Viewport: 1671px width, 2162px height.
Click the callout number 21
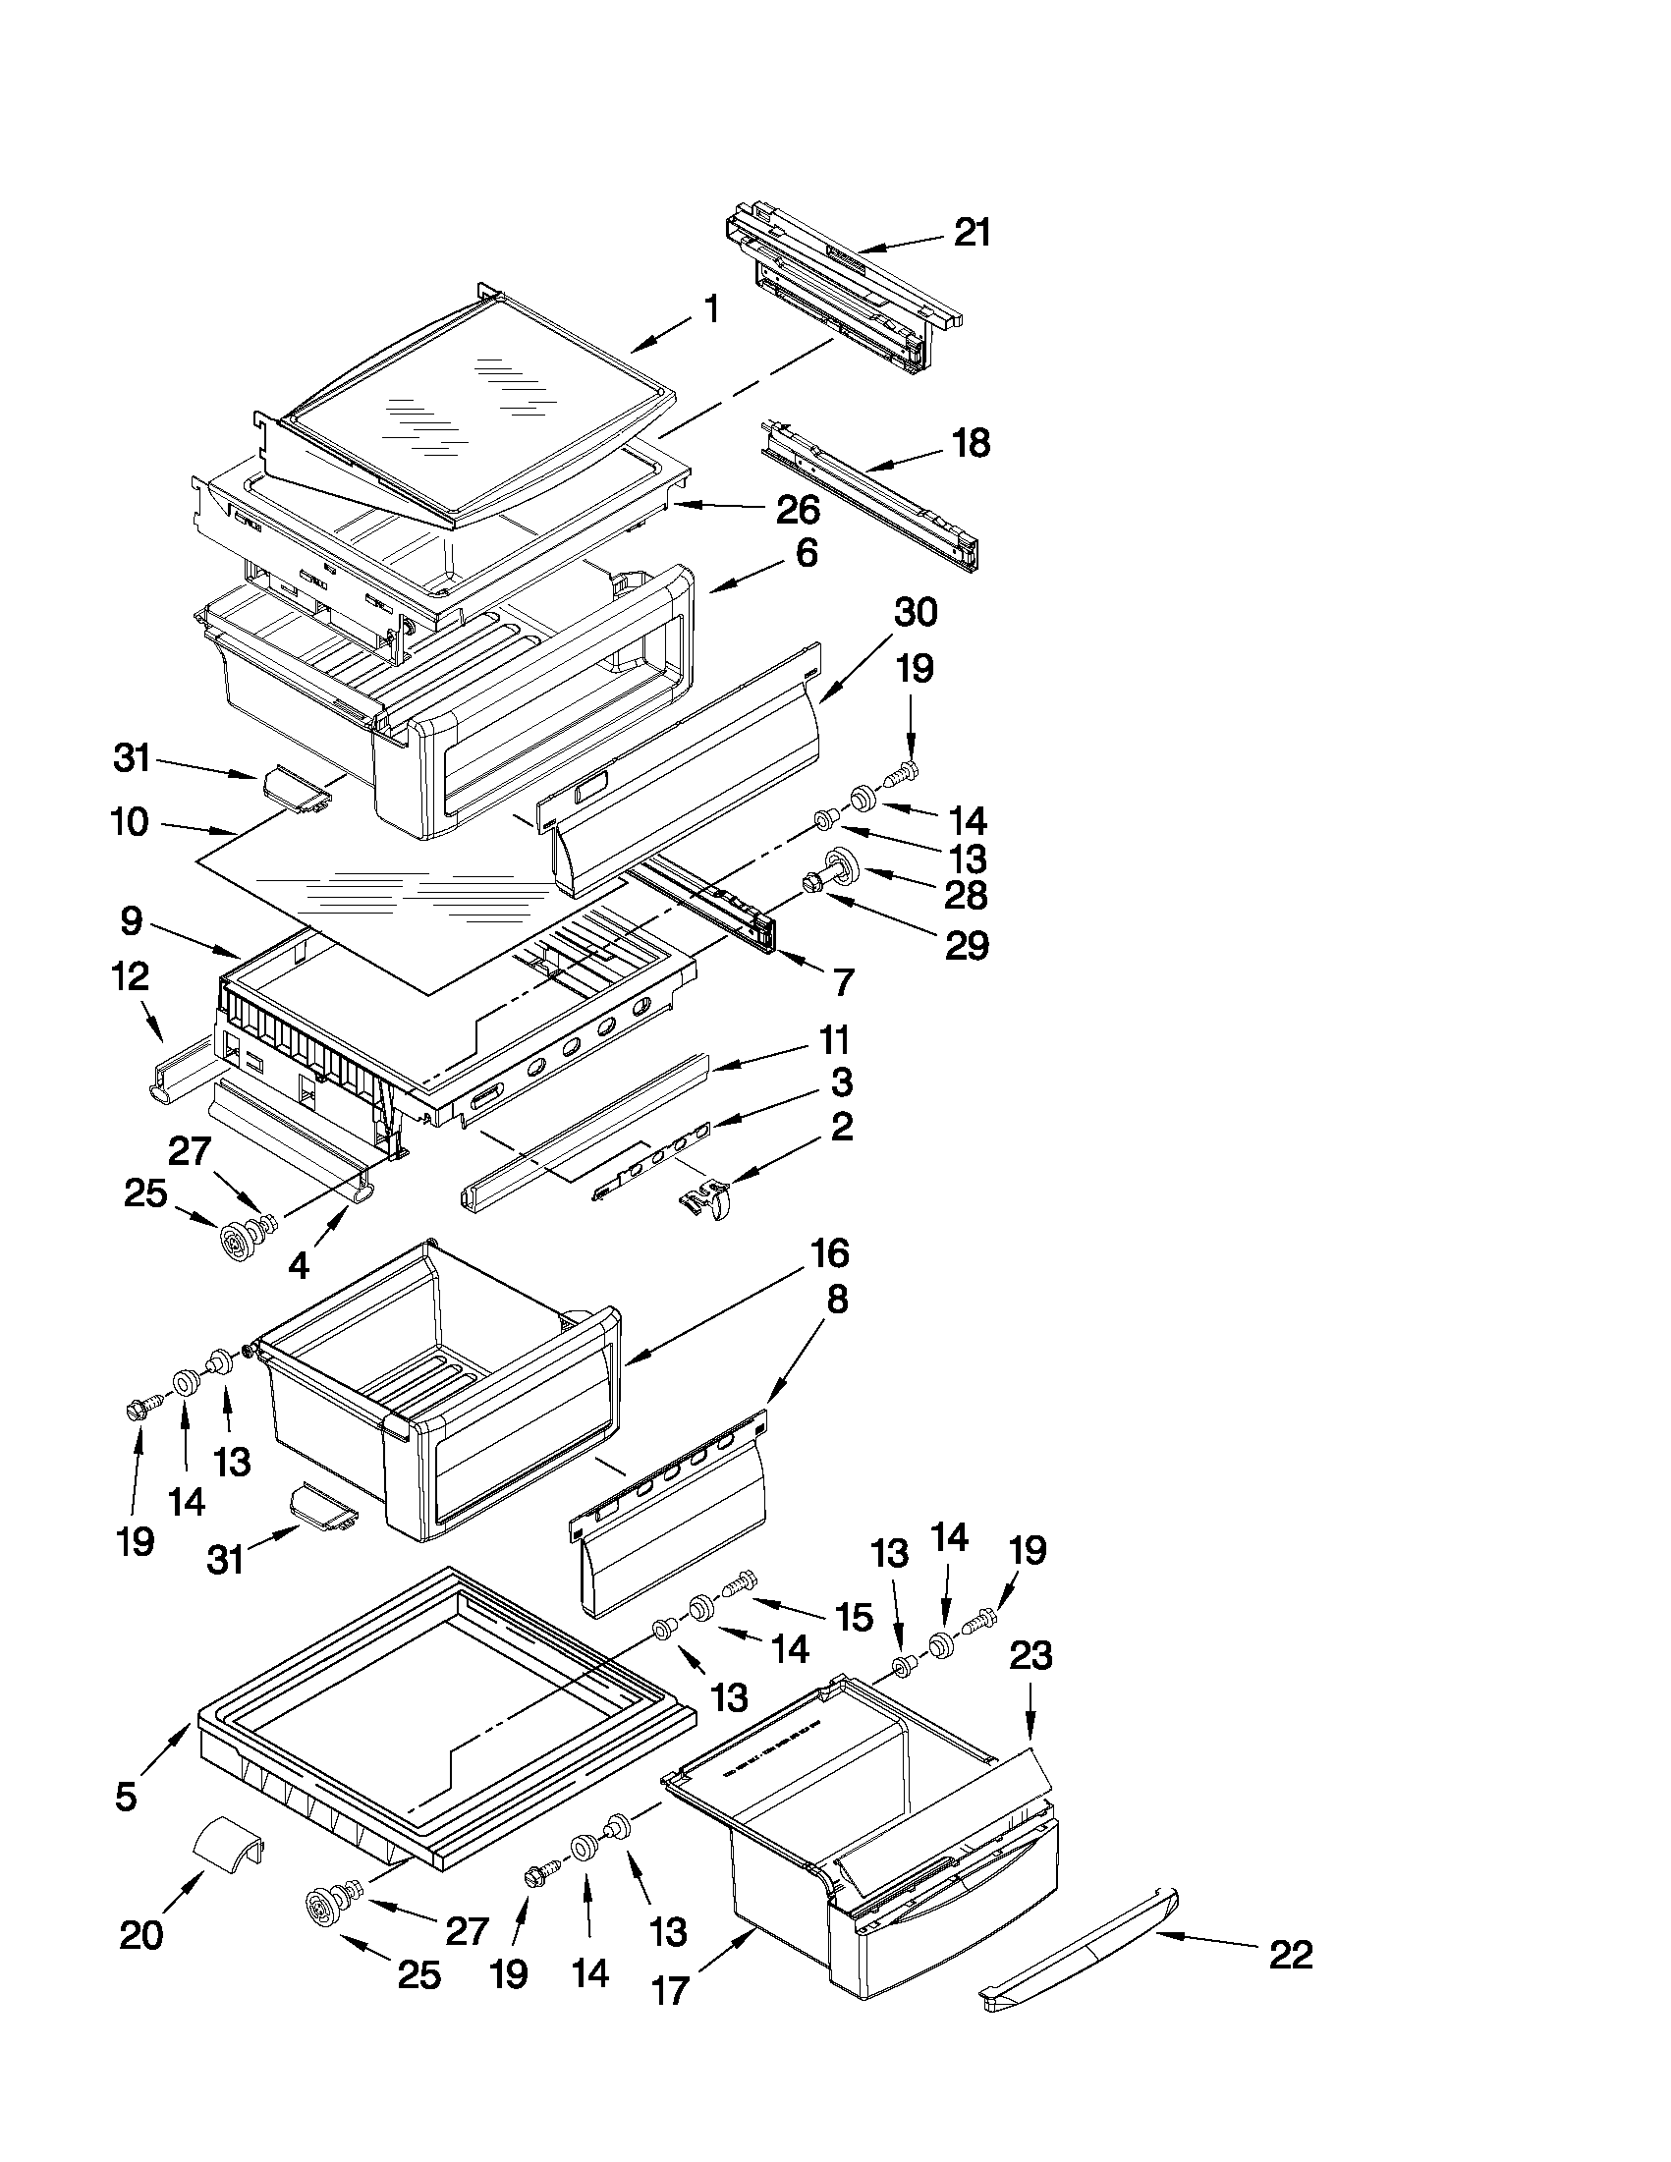pyautogui.click(x=972, y=234)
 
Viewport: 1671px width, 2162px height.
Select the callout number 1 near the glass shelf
pyautogui.click(x=711, y=309)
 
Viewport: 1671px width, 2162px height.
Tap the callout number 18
pyautogui.click(x=972, y=443)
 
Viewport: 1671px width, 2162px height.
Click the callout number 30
pyautogui.click(x=915, y=613)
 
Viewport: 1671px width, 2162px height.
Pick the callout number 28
pyautogui.click(x=966, y=895)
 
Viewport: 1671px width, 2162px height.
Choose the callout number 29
pyautogui.click(x=966, y=946)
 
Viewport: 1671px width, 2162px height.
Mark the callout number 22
pyautogui.click(x=1290, y=1955)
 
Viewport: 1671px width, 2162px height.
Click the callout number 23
pyautogui.click(x=1030, y=1655)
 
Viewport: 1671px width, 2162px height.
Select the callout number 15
pyautogui.click(x=853, y=1618)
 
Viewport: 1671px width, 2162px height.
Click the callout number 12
pyautogui.click(x=130, y=978)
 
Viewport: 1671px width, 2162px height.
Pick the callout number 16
pyautogui.click(x=829, y=1253)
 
